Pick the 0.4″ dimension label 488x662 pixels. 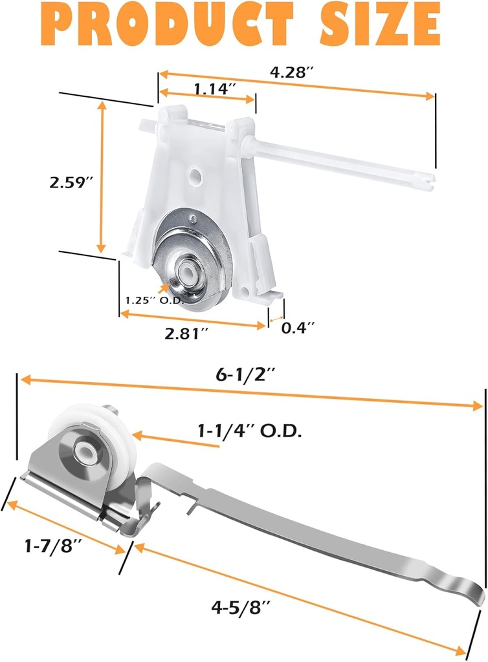[x=298, y=328]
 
